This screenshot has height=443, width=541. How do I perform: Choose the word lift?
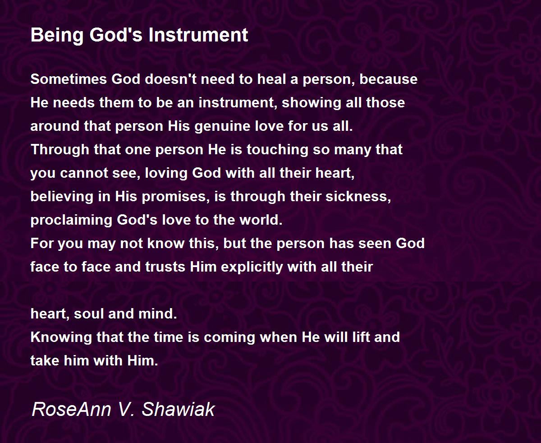pyautogui.click(x=363, y=337)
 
